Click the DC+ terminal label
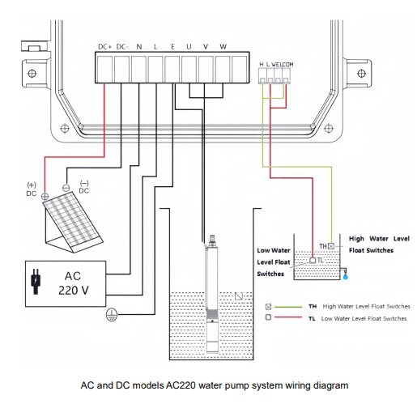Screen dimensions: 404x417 [104, 48]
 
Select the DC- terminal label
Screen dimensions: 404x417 [122, 48]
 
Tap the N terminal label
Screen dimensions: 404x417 [139, 48]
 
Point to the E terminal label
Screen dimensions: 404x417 [172, 48]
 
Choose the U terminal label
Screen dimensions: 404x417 [189, 48]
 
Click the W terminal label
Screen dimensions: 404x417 [223, 48]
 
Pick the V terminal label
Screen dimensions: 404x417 [206, 48]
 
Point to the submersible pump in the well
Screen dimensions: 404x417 [212, 296]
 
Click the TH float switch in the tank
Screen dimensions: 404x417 [331, 245]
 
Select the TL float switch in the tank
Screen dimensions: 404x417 [312, 260]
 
